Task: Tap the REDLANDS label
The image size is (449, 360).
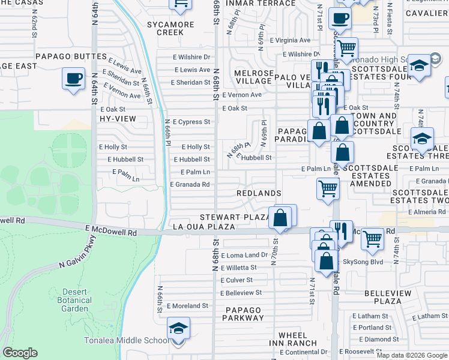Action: (259, 193)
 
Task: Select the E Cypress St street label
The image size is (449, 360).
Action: (190, 122)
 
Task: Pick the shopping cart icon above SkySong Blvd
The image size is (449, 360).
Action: (373, 238)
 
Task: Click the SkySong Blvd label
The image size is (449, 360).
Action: (363, 262)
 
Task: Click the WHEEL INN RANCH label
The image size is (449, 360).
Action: (297, 339)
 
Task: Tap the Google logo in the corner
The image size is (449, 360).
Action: (20, 353)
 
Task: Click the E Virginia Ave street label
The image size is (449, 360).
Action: (290, 40)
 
